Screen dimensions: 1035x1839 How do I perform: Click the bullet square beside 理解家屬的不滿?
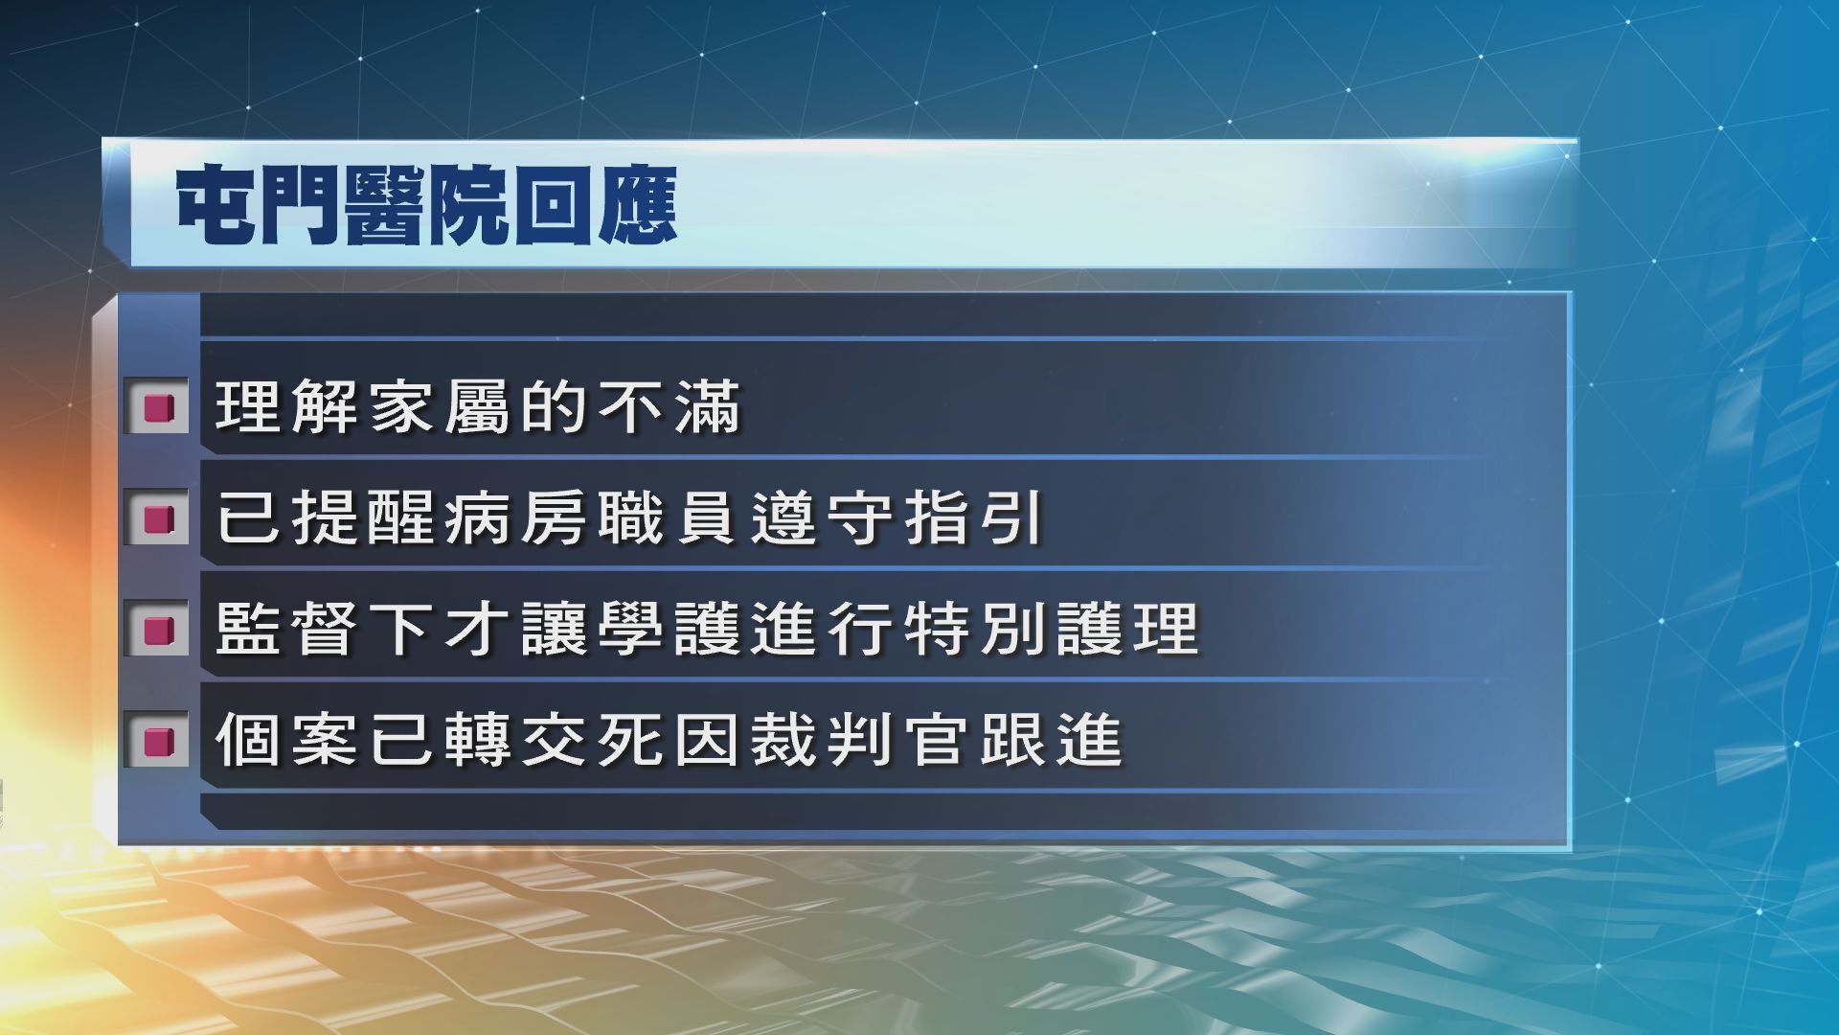click(157, 408)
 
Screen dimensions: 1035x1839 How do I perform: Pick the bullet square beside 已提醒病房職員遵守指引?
click(157, 518)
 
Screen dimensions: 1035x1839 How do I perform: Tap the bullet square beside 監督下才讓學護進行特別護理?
click(157, 630)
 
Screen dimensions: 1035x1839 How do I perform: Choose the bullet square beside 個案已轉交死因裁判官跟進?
click(157, 741)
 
